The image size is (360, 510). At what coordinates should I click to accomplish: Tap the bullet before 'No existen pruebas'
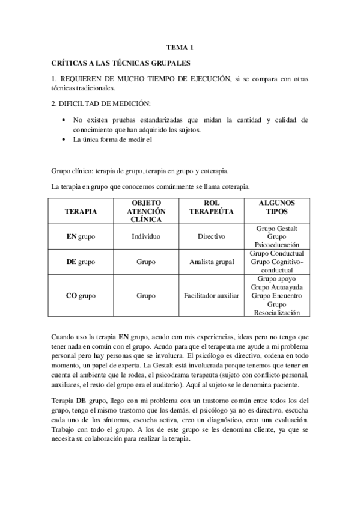64,120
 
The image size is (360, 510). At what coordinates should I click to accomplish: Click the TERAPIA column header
81,212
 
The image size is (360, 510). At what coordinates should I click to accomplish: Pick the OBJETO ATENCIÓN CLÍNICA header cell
146,212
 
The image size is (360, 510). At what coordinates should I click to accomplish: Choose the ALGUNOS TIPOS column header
276,207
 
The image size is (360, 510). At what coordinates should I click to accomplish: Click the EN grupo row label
81,236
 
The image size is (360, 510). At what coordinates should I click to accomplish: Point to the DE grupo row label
81,262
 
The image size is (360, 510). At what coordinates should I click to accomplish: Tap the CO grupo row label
81,295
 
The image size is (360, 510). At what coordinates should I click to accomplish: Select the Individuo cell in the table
146,236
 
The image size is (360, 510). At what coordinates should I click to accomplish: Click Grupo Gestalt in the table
276,228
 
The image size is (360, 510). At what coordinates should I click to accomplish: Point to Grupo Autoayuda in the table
276,287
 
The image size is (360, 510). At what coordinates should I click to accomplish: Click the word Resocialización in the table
276,313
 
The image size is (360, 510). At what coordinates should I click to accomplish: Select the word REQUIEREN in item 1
81,78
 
